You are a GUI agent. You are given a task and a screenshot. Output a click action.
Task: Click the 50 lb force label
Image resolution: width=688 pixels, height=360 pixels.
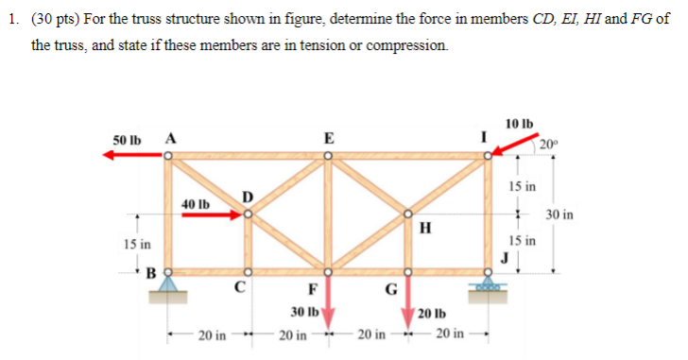(126, 140)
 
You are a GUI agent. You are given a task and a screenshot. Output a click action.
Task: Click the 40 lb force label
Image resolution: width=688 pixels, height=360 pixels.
(196, 203)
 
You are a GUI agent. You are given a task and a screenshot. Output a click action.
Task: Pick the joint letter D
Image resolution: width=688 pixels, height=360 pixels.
(249, 197)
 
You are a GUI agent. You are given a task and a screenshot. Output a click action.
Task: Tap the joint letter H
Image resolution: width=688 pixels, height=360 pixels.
(424, 227)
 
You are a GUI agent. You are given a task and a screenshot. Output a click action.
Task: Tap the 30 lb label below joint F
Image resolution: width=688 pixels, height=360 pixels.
(303, 312)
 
